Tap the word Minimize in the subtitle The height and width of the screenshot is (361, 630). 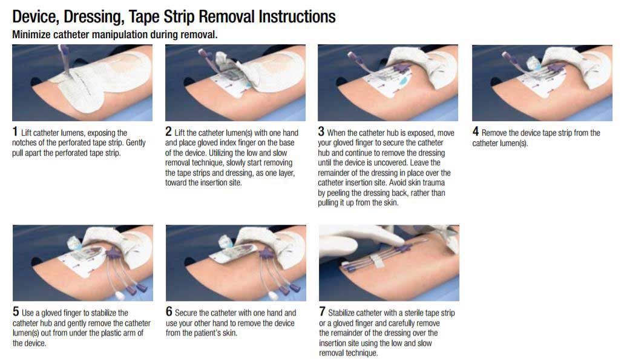tap(31, 35)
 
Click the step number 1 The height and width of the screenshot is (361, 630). tap(15, 131)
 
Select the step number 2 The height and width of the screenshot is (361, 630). tap(168, 131)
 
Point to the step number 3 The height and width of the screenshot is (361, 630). tap(321, 131)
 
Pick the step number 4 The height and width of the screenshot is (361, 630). tap(475, 131)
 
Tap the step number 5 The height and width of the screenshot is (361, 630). tap(16, 311)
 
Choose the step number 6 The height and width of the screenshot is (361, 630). tap(169, 311)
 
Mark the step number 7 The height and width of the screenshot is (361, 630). tap(322, 311)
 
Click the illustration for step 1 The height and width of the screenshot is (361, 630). tap(82, 83)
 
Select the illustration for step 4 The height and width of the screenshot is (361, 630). tap(542, 83)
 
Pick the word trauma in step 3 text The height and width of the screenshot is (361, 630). tap(433, 182)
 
